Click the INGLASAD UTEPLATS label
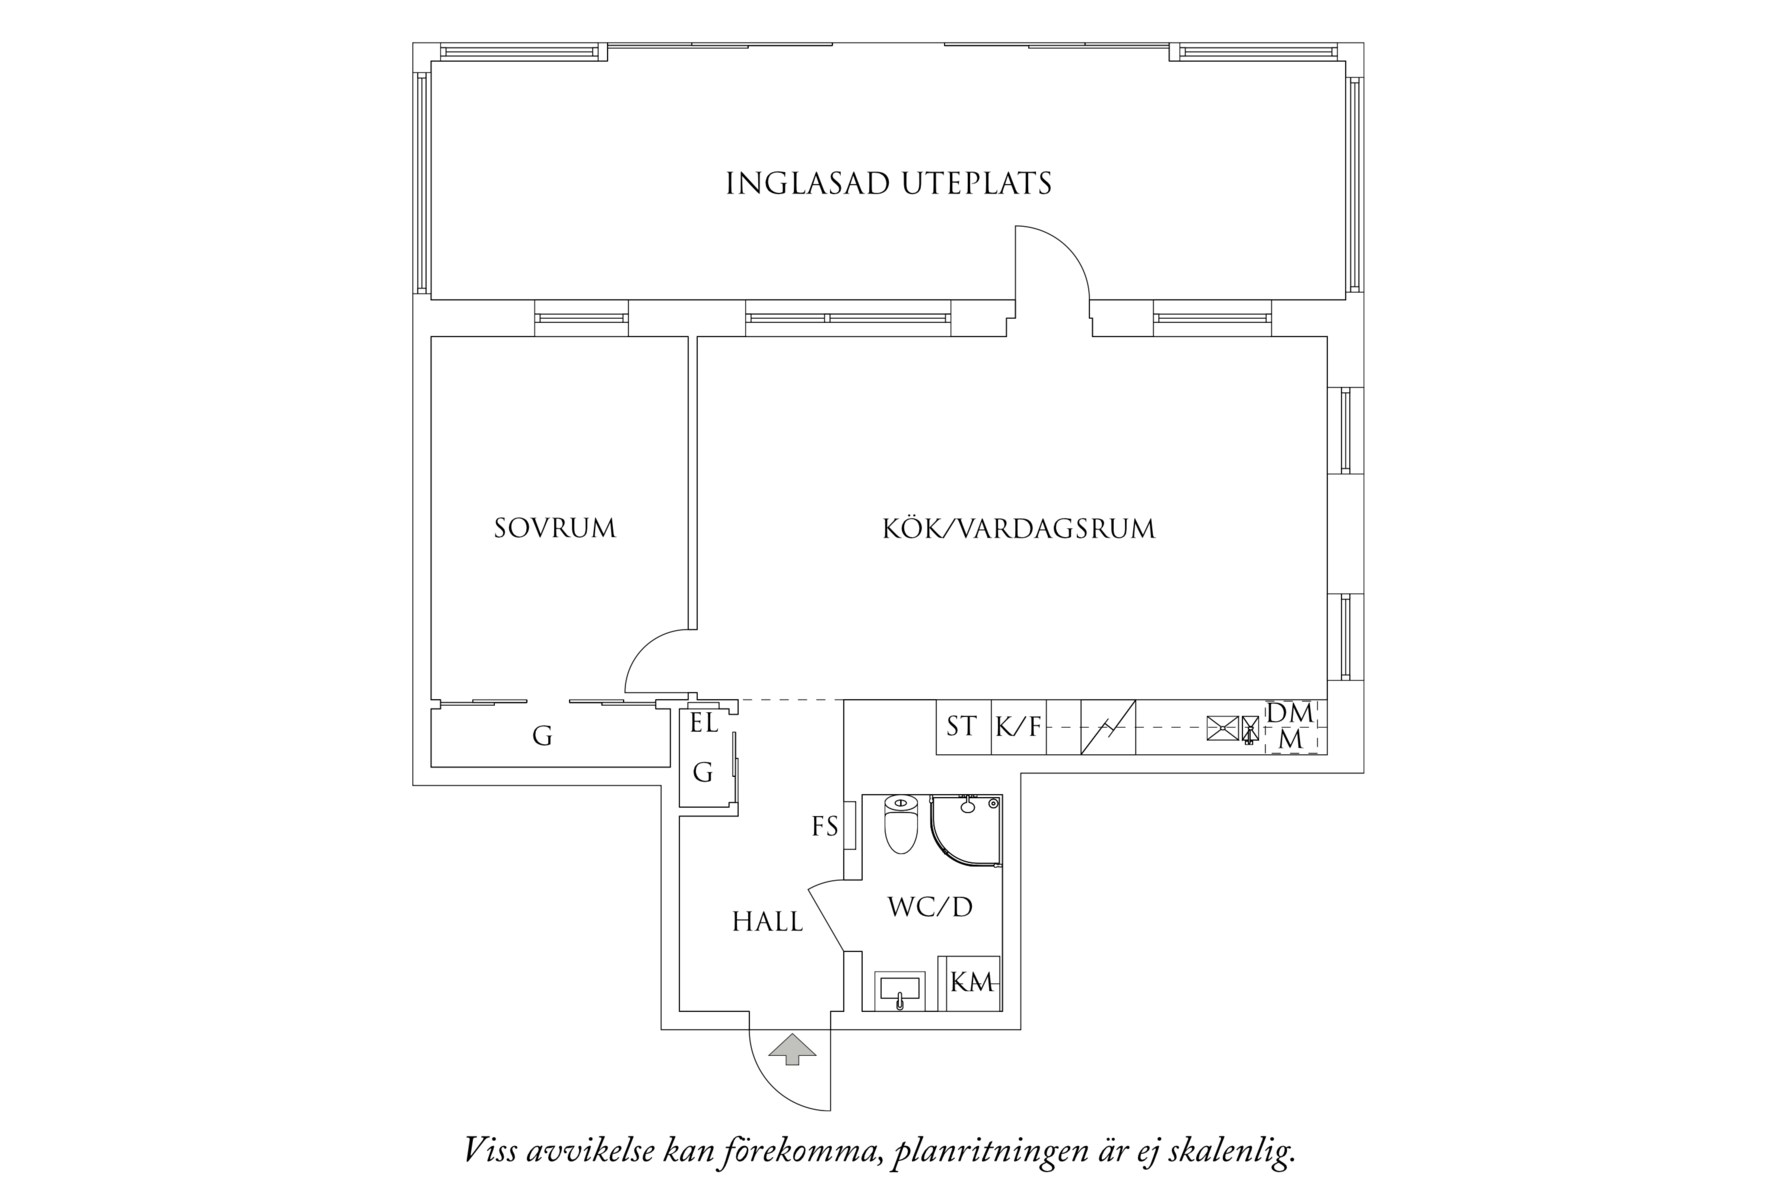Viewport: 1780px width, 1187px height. click(888, 184)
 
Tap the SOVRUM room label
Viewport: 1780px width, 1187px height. click(555, 528)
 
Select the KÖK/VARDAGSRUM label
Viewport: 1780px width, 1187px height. click(1018, 528)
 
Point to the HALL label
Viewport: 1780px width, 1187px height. click(767, 922)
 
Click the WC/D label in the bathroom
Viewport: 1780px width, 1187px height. click(930, 907)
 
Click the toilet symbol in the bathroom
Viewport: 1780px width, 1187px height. click(901, 825)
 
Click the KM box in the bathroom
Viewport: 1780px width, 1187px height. click(971, 983)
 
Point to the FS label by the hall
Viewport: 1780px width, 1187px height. click(824, 827)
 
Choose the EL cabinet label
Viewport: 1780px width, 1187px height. click(704, 723)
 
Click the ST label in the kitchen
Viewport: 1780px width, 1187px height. click(961, 726)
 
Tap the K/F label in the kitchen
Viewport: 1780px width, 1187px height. click(1018, 727)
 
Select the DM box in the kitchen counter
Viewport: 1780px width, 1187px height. click(1291, 714)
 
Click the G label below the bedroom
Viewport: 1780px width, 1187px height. click(542, 737)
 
